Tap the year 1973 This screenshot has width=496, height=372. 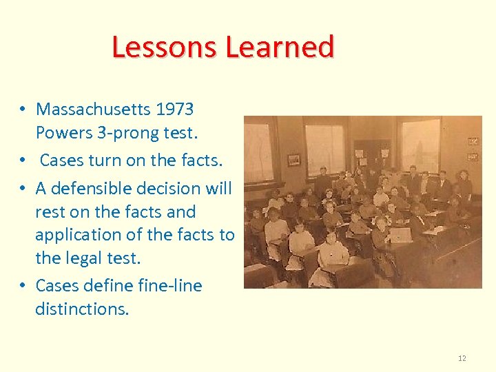pyautogui.click(x=175, y=109)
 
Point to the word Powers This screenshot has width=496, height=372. pyautogui.click(x=62, y=132)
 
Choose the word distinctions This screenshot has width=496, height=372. pyautogui.click(x=81, y=309)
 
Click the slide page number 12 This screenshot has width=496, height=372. pyautogui.click(x=462, y=358)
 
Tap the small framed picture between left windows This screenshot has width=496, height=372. pyautogui.click(x=293, y=159)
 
